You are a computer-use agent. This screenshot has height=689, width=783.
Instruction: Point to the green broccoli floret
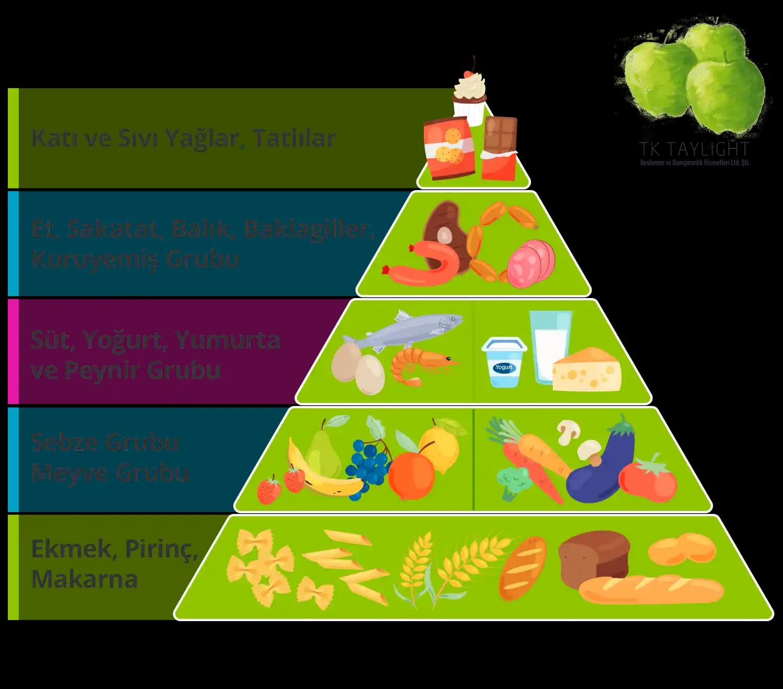[x=514, y=480]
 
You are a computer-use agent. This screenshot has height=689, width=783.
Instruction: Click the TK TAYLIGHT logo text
[x=694, y=150]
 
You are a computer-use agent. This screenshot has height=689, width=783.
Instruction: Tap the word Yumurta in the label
[x=228, y=340]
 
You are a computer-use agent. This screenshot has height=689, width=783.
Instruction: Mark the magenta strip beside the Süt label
[x=13, y=351]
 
